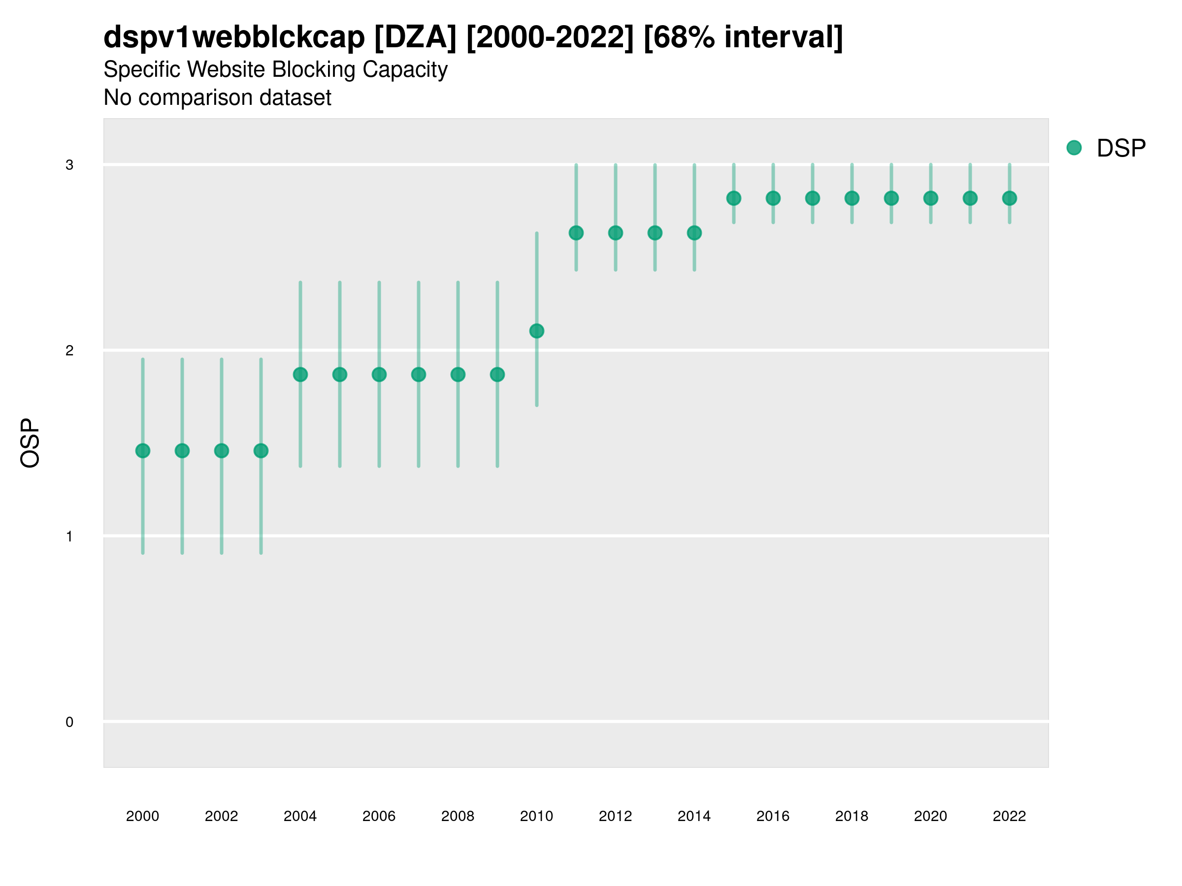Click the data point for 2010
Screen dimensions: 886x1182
(x=536, y=331)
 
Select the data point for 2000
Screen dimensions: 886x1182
(x=143, y=451)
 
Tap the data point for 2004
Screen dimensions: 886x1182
(x=300, y=375)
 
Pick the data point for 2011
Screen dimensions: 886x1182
(x=576, y=233)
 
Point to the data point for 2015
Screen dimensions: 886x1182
(x=734, y=198)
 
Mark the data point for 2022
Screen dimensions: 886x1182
(x=1010, y=198)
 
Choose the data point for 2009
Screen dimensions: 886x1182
(x=497, y=375)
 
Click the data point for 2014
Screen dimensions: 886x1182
(x=694, y=233)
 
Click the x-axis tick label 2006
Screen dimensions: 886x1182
(x=379, y=816)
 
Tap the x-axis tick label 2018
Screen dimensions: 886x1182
(x=852, y=816)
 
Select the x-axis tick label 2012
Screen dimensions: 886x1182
(x=615, y=816)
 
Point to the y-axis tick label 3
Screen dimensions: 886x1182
(x=69, y=165)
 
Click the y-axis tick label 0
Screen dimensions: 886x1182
(x=69, y=722)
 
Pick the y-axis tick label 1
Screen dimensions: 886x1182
(x=69, y=536)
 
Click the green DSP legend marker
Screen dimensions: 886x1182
(x=1074, y=148)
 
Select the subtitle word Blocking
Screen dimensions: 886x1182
(x=313, y=70)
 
